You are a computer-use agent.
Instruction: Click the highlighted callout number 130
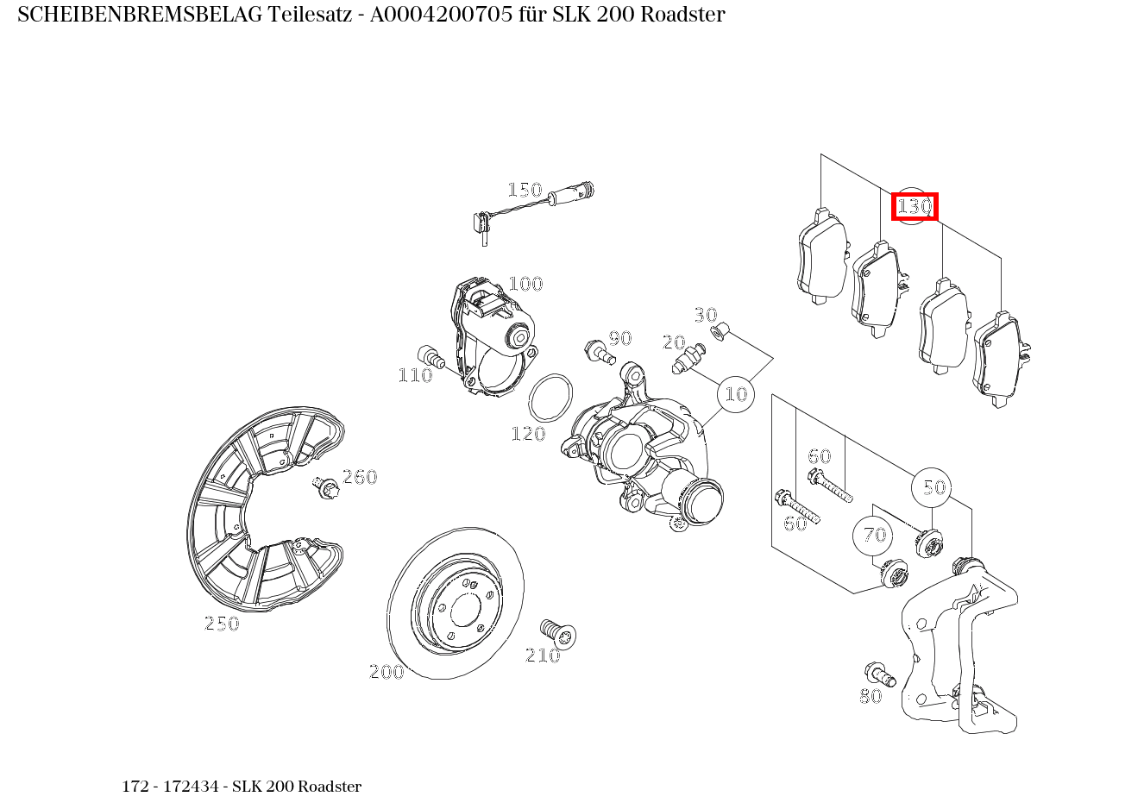pyautogui.click(x=915, y=207)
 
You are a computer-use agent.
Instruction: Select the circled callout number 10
pyautogui.click(x=736, y=394)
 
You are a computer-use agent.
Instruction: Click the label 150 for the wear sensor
pyautogui.click(x=524, y=190)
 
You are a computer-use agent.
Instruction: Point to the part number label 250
pyautogui.click(x=221, y=624)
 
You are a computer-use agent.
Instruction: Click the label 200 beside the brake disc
pyautogui.click(x=387, y=672)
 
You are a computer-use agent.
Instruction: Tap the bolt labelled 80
pyautogui.click(x=879, y=674)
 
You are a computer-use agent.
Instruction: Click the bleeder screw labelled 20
pyautogui.click(x=688, y=360)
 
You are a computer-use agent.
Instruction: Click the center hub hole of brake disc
pyautogui.click(x=464, y=611)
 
